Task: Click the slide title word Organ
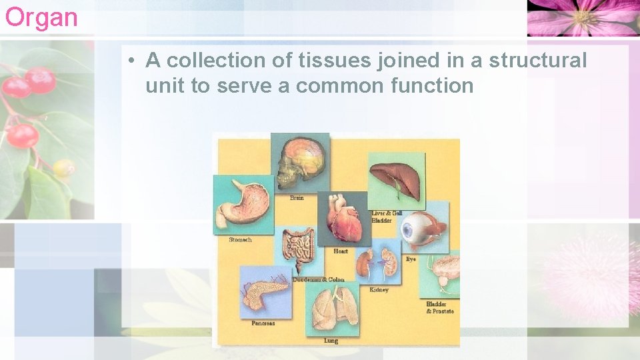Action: tap(41, 17)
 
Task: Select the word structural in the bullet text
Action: tap(537, 61)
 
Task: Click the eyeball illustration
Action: tap(423, 227)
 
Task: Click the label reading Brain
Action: tap(297, 198)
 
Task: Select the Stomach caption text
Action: tap(240, 240)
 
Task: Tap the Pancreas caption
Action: tap(263, 323)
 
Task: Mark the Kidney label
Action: tap(379, 290)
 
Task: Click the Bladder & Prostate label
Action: tap(440, 308)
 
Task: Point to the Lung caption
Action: tap(331, 341)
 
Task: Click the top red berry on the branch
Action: tap(40, 79)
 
